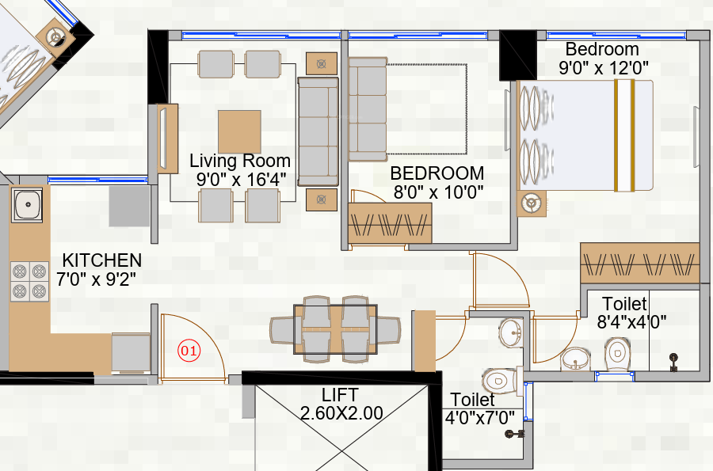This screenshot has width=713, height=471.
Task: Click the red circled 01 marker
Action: click(x=189, y=350)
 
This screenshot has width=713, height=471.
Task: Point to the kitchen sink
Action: click(x=28, y=204)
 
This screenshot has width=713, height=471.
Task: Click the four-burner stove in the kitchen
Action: click(x=29, y=282)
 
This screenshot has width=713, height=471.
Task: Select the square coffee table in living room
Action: click(x=239, y=131)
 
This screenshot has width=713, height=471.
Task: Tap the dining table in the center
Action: click(x=336, y=329)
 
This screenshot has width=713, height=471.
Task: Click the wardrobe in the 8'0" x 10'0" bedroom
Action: click(x=390, y=223)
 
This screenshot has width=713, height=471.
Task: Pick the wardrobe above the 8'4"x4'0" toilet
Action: click(x=639, y=262)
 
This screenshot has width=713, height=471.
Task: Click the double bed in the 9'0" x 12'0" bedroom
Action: click(x=586, y=135)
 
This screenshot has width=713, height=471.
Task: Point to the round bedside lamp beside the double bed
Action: click(x=529, y=203)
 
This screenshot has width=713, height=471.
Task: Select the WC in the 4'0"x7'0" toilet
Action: click(x=497, y=383)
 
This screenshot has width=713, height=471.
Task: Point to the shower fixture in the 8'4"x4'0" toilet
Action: click(x=673, y=361)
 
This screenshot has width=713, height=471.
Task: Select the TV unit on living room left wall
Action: click(x=166, y=139)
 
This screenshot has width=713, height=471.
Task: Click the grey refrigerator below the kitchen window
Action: click(x=128, y=207)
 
